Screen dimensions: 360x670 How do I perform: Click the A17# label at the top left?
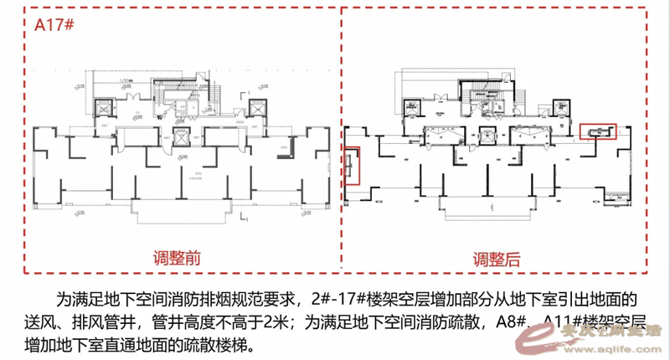[x=55, y=24]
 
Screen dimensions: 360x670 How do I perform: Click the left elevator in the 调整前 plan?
[x=105, y=108]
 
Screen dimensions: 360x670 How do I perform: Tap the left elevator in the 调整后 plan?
[x=413, y=106]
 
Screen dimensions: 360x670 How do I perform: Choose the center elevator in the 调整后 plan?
[x=488, y=134]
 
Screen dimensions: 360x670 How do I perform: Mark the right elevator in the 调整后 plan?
[x=563, y=107]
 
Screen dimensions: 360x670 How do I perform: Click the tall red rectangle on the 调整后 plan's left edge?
[x=353, y=165]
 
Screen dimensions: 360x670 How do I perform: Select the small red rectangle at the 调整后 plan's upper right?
[x=598, y=131]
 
